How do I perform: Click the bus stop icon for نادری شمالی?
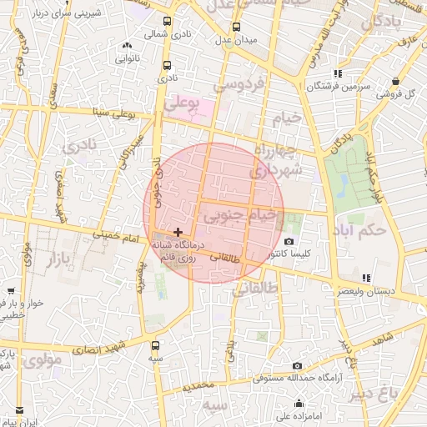click(x=168, y=22)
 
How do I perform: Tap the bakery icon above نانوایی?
click(x=127, y=46)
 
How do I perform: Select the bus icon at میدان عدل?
click(x=235, y=27)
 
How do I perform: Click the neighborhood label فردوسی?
click(x=239, y=83)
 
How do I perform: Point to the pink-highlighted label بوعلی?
click(x=183, y=104)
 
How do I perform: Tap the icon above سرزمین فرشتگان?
click(x=337, y=73)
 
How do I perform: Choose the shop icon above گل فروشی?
click(x=394, y=81)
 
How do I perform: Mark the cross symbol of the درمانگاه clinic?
click(x=178, y=231)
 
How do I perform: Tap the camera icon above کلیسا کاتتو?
click(x=289, y=242)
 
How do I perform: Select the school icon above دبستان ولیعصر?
click(x=365, y=279)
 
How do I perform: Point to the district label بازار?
click(x=52, y=258)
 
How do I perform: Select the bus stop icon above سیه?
click(x=156, y=343)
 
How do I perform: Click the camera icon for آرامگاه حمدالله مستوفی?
click(x=298, y=366)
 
